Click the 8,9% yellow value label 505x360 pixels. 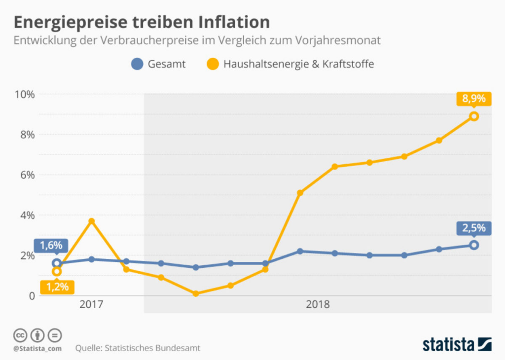coord(473,99)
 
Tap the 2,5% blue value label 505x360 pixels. coord(473,228)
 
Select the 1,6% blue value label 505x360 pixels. coord(51,245)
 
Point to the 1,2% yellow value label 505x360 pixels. coord(57,287)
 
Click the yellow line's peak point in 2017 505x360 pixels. coord(91,221)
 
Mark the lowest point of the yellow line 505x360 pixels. coord(195,293)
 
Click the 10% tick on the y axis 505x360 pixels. coord(24,94)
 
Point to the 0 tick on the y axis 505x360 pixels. coord(31,296)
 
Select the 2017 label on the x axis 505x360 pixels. coord(91,304)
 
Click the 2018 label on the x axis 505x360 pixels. coord(318,304)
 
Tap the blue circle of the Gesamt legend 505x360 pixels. coord(137,64)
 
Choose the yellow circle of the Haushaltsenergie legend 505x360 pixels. coord(213,64)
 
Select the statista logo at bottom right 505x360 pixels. coord(457,344)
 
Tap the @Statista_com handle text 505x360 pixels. coord(37,348)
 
